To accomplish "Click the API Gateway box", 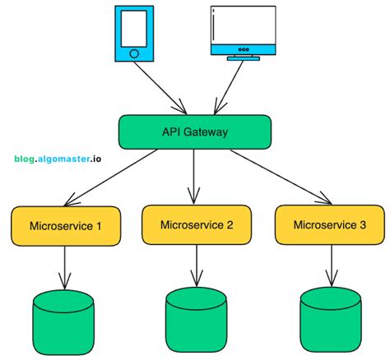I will tap(195, 132).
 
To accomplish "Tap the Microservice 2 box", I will tap(197, 225).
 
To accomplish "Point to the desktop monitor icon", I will tap(243, 31).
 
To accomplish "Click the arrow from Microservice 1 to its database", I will tap(64, 265).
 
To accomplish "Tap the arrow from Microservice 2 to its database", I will tap(197, 265).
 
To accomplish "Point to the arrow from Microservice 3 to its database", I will tap(330, 265).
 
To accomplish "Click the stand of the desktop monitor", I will tap(243, 58).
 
